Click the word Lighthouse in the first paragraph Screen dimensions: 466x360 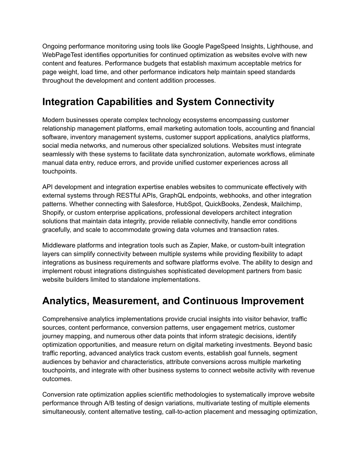pyautogui.click(x=282, y=46)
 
